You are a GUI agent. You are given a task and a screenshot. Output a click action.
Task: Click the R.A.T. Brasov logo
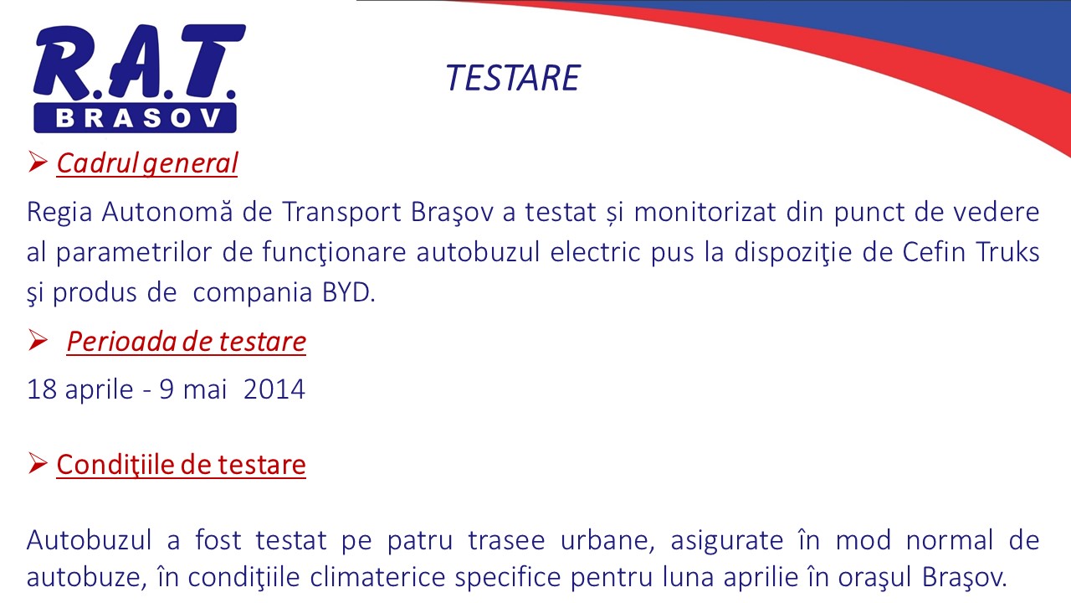click(x=139, y=79)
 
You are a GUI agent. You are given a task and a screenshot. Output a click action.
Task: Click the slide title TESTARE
click(x=513, y=78)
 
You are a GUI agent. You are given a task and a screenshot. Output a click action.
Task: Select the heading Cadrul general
click(x=147, y=163)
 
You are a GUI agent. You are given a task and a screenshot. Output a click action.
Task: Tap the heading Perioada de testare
click(x=187, y=341)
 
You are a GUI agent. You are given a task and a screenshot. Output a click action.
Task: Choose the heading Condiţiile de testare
click(x=182, y=464)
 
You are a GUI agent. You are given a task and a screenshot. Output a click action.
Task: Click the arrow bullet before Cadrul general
click(x=38, y=162)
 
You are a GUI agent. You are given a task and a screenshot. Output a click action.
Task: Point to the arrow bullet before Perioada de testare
click(x=38, y=340)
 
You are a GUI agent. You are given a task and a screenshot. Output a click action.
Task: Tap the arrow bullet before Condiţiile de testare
click(x=38, y=463)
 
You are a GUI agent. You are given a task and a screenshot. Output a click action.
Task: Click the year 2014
click(x=274, y=389)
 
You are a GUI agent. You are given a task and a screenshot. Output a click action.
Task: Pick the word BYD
click(x=349, y=292)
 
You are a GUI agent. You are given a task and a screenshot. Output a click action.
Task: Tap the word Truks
click(x=1007, y=252)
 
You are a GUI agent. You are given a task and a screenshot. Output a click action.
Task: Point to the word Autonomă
click(x=167, y=212)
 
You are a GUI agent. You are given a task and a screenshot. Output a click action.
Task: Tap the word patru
click(x=420, y=541)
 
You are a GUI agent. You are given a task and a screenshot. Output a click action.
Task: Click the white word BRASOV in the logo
click(x=139, y=118)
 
